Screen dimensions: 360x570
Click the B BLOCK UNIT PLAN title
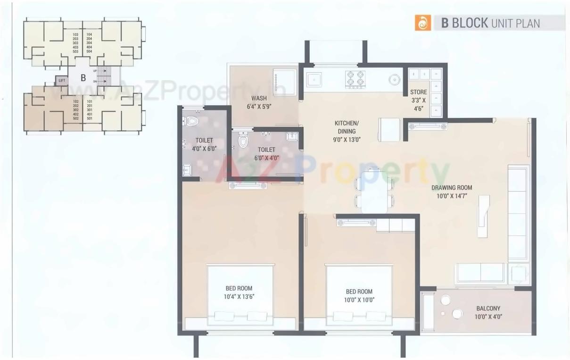(x=490, y=23)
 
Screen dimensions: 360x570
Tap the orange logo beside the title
(x=422, y=23)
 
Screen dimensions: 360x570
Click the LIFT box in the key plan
(x=62, y=81)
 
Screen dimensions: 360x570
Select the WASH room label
(x=259, y=98)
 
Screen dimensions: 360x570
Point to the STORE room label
(x=418, y=92)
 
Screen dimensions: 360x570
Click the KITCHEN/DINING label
(x=346, y=124)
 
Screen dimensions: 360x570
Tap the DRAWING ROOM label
(x=451, y=187)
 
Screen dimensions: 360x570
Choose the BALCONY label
(x=488, y=309)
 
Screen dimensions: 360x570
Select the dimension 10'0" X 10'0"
(x=359, y=300)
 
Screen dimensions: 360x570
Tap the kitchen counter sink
(x=314, y=79)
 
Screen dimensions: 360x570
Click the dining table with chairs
(x=374, y=189)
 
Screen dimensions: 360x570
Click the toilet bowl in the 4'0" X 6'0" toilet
(x=190, y=122)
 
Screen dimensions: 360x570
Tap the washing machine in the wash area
(x=284, y=81)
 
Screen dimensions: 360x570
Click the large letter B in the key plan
(x=83, y=78)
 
